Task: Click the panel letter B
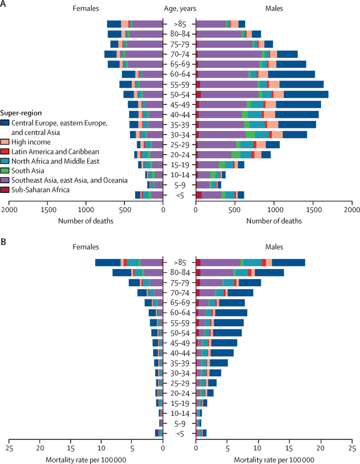pos(4,242)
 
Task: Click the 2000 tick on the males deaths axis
pos(351,209)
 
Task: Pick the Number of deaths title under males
pos(275,220)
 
